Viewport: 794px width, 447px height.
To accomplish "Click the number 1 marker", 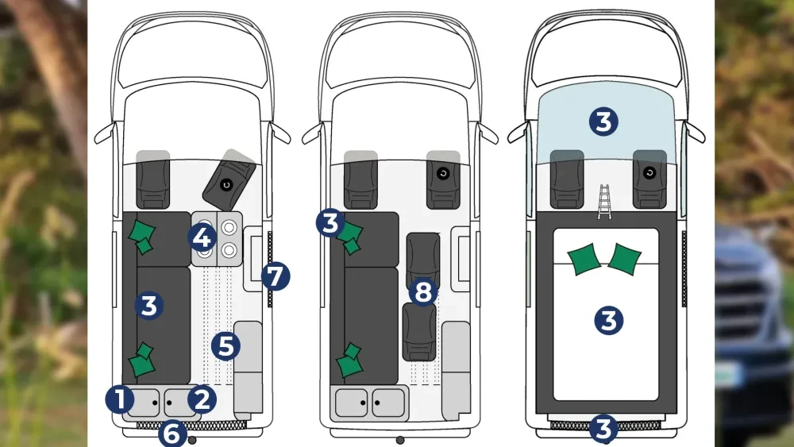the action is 120,399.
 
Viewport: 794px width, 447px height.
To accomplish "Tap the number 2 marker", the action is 202,399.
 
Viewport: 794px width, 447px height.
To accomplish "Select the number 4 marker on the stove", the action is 202,237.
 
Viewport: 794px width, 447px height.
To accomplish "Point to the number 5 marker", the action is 225,346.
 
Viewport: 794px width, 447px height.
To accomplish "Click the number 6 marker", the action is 172,434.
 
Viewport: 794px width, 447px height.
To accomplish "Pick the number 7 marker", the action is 276,276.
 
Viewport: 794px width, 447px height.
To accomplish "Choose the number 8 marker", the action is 423,291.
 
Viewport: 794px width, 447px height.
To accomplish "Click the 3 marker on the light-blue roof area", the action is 603,121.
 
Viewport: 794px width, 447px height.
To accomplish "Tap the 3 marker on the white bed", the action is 608,320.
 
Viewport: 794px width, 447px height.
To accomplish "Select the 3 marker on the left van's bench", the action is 149,305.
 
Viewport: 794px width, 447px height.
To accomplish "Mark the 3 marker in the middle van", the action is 330,223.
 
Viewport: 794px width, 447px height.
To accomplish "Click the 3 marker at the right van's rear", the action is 603,428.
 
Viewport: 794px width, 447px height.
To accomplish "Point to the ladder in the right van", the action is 604,202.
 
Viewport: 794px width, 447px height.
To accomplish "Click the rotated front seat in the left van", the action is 229,180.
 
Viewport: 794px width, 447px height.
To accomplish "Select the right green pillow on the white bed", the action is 625,259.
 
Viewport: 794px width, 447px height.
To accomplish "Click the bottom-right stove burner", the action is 229,249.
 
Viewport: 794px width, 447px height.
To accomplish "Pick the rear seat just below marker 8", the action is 419,332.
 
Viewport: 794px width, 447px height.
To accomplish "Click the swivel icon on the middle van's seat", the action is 443,174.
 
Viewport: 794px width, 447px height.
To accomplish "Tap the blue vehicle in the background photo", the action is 754,334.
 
